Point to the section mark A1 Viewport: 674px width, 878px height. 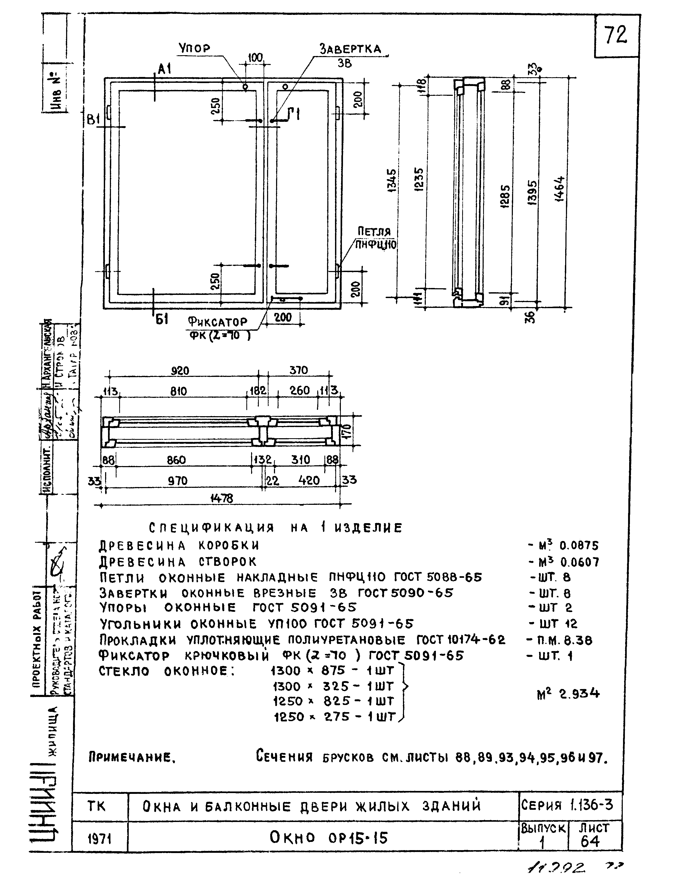pos(164,70)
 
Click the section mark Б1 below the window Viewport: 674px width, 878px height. pos(161,320)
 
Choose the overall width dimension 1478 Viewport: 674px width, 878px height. pos(221,498)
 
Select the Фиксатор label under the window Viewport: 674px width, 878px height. pos(218,322)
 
